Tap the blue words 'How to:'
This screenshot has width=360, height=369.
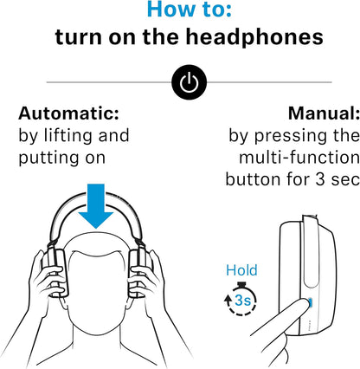click(180, 11)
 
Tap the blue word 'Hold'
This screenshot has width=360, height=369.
click(241, 272)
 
